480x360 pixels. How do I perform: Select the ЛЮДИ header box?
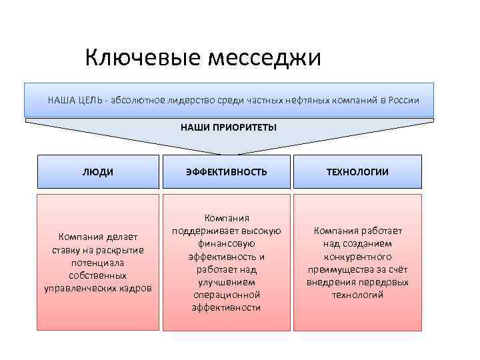98,171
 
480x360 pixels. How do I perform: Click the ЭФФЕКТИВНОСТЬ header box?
227,171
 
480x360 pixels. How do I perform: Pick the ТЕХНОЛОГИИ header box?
357,171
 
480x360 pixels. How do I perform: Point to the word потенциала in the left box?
98,263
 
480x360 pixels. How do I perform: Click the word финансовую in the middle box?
227,244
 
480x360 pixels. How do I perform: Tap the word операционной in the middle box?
227,295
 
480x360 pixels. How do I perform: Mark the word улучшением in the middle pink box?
227,282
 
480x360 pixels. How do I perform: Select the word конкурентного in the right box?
357,257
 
